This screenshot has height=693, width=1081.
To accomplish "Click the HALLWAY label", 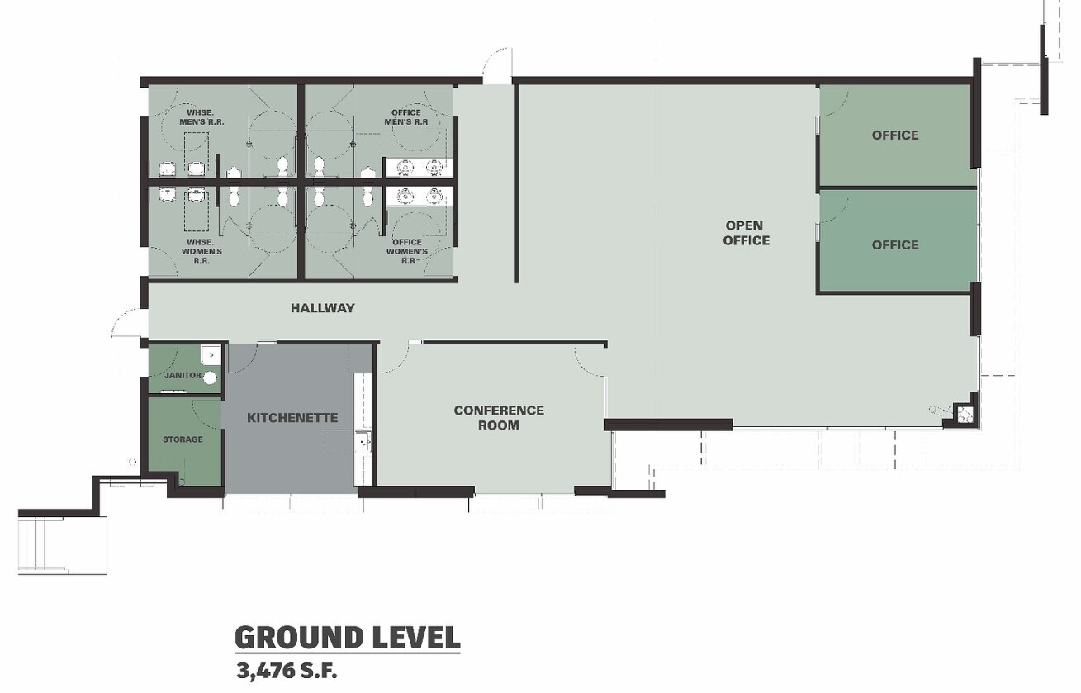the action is click(x=322, y=308).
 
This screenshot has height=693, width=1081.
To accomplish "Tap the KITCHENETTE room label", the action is click(x=292, y=417).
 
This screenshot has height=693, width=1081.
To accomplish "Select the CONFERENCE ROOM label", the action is click(x=499, y=417).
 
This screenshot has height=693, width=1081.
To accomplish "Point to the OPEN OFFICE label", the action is click(x=746, y=233).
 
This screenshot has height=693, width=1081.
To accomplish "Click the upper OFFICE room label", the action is click(x=895, y=135).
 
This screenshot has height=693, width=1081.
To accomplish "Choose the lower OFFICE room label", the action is click(x=895, y=245).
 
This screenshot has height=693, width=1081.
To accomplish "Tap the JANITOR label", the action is click(x=183, y=375).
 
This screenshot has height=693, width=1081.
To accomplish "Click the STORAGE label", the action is click(x=183, y=439).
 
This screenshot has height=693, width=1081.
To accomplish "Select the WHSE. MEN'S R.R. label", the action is click(x=202, y=117).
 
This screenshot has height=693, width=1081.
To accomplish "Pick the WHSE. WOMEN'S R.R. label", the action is click(x=202, y=251).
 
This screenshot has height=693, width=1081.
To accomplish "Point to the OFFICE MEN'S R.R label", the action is click(x=406, y=117).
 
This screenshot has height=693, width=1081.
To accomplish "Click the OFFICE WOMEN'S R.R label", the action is click(x=407, y=251).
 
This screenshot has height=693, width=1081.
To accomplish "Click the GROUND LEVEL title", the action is click(x=348, y=638).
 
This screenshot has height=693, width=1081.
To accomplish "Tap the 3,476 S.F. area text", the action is click(x=287, y=671).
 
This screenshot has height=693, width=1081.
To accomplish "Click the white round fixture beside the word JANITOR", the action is click(x=210, y=377).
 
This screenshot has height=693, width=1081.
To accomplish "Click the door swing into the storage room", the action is click(x=207, y=415).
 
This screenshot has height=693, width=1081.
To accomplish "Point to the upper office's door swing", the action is click(x=833, y=102).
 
